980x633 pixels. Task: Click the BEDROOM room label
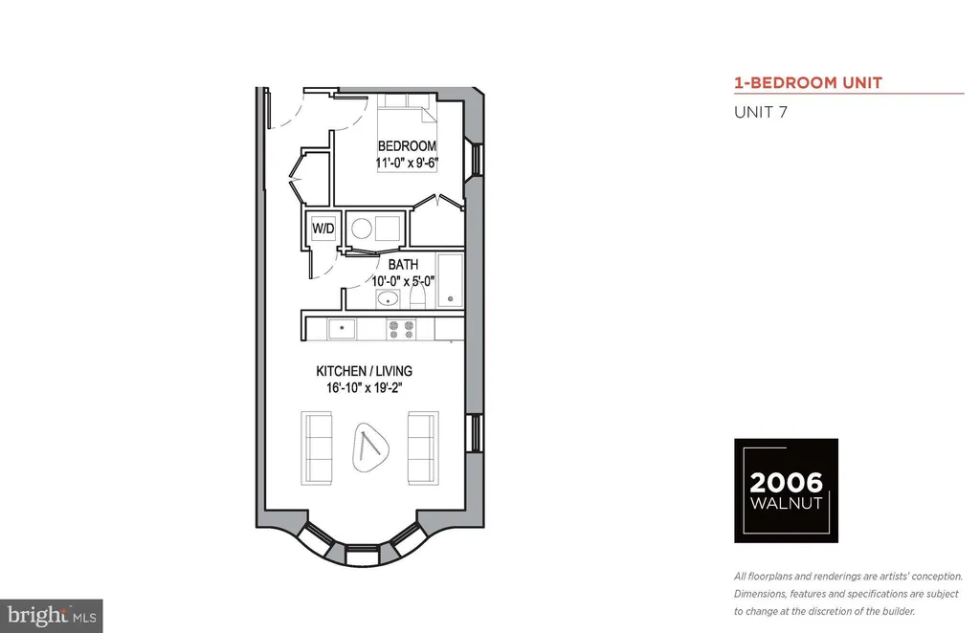(x=407, y=146)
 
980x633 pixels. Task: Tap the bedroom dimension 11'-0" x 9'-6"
(x=407, y=163)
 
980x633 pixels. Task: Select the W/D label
(x=323, y=229)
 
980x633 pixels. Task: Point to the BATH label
(x=403, y=265)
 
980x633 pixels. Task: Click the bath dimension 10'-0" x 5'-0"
(x=403, y=281)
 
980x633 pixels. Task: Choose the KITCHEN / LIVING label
(x=364, y=371)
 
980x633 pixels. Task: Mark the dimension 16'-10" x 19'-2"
(x=364, y=387)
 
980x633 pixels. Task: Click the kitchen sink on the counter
(x=342, y=328)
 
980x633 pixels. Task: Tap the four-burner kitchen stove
(x=401, y=329)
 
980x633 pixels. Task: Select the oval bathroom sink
(x=389, y=298)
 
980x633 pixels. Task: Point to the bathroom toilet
(x=418, y=294)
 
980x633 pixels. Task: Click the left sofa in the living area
(x=316, y=447)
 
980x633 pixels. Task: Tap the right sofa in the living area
(x=423, y=447)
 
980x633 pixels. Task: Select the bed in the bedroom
(x=407, y=132)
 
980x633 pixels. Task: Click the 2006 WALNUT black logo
(x=786, y=491)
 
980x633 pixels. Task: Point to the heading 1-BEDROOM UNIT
(x=808, y=83)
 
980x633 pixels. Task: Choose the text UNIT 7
(x=761, y=113)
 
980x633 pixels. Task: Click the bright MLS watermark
(x=52, y=616)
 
